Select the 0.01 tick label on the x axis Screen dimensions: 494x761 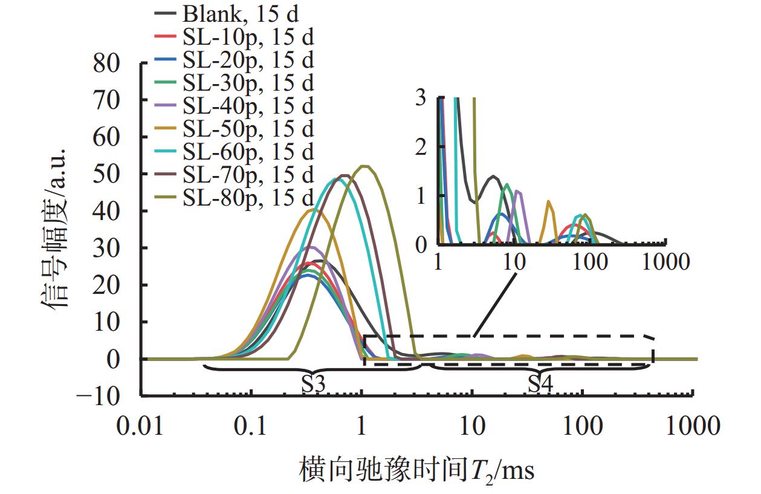141,426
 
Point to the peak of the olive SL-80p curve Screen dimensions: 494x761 364,166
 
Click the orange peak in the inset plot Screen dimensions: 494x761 549,201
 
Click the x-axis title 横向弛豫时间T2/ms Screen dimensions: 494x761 416,470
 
